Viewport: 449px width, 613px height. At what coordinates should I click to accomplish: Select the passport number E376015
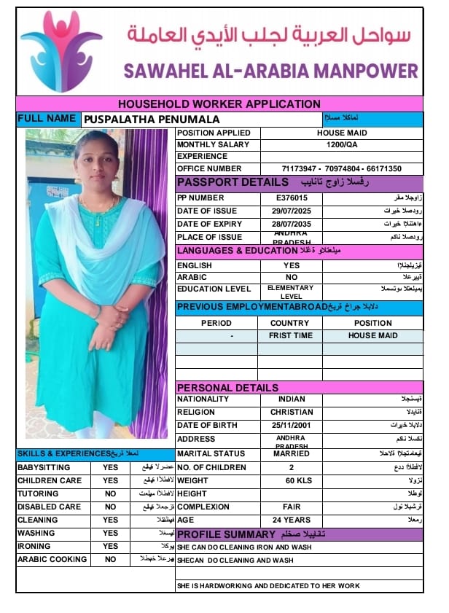point(292,198)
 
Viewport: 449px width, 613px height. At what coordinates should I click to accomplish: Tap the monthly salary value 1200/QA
point(342,145)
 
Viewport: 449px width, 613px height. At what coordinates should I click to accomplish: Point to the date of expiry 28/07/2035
point(292,224)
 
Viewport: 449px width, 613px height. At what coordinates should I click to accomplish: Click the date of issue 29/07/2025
point(292,211)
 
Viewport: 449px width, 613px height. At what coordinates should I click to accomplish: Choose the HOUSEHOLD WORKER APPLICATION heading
point(219,104)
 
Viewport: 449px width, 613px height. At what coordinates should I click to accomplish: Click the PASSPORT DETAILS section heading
point(233,182)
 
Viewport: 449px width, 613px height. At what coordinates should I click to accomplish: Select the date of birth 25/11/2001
point(292,426)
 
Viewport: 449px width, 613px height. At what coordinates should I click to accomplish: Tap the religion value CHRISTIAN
point(292,413)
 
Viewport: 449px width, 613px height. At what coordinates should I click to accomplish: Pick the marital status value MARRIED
point(292,454)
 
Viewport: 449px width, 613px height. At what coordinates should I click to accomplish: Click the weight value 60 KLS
point(292,481)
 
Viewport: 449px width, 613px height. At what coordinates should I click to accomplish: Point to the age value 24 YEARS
point(292,520)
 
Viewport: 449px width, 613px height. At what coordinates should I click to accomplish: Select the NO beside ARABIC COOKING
point(111,560)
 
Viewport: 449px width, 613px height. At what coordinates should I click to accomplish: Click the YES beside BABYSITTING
point(111,468)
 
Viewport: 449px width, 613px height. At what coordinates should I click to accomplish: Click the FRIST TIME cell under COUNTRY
point(289,336)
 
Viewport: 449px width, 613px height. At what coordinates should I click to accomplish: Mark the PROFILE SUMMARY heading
point(227,534)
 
